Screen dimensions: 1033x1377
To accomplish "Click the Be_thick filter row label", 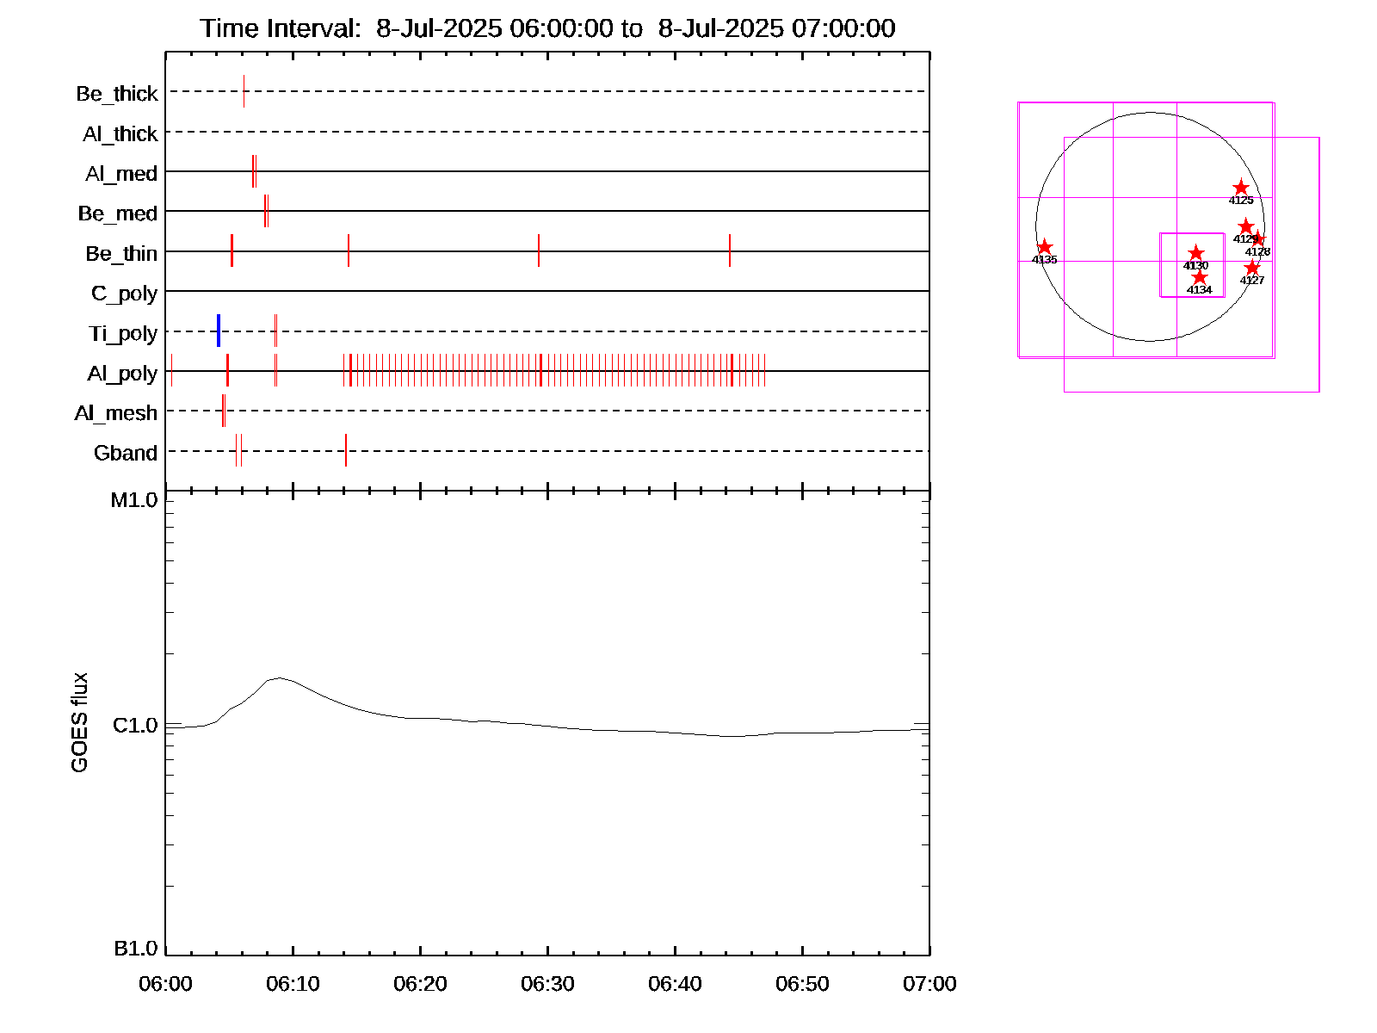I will (117, 94).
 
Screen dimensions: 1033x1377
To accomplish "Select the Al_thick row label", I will (120, 134).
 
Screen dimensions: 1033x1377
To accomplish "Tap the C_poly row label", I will (124, 294).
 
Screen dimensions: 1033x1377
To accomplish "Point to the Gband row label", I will (126, 454).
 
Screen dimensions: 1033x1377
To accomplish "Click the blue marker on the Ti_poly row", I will (219, 331).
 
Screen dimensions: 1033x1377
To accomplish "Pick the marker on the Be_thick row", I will (244, 91).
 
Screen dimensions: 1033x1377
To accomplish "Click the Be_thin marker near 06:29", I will (539, 251).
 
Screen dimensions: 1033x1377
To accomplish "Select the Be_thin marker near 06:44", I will (730, 251).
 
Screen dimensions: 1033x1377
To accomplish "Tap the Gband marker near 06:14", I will (346, 450).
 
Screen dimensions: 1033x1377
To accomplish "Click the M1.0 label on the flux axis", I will (134, 500).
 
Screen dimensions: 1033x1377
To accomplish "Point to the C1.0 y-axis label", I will (135, 726).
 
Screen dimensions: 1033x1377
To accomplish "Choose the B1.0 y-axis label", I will (135, 949).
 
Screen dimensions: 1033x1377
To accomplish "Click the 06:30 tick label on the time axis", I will (547, 984).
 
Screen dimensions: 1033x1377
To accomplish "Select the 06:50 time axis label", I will (802, 984).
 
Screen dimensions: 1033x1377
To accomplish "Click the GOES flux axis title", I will (79, 723).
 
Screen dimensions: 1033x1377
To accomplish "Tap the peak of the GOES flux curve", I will (278, 678).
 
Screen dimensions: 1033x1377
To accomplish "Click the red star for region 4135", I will (1045, 248).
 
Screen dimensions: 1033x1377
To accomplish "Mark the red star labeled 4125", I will (1241, 188).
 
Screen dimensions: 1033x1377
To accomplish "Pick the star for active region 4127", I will (1252, 269).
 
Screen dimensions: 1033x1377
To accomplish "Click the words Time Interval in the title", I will (281, 28).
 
